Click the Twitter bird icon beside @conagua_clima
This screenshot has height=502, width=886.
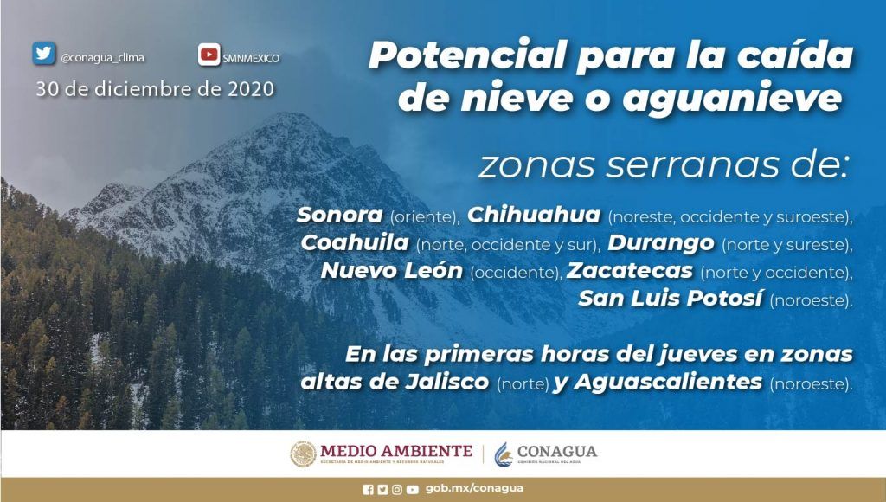(x=43, y=53)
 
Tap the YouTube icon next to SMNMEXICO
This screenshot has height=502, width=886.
(x=209, y=55)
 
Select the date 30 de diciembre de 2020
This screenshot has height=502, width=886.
(x=156, y=89)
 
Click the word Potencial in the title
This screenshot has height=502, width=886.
(x=467, y=55)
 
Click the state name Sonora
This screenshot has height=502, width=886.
(x=339, y=215)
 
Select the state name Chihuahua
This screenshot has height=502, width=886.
(x=533, y=215)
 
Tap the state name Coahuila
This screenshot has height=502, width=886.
(x=355, y=242)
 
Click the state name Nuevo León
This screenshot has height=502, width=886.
(x=392, y=270)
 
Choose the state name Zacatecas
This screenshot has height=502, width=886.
(x=630, y=270)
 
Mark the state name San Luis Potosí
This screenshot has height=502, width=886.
(x=671, y=298)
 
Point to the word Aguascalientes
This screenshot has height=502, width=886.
(x=669, y=383)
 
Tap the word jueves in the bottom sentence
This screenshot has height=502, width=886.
(x=697, y=355)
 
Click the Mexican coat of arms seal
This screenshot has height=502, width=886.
(x=304, y=454)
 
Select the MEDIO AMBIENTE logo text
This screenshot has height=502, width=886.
(x=396, y=451)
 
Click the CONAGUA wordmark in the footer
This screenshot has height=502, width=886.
(x=556, y=451)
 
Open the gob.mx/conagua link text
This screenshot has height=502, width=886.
(x=474, y=488)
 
